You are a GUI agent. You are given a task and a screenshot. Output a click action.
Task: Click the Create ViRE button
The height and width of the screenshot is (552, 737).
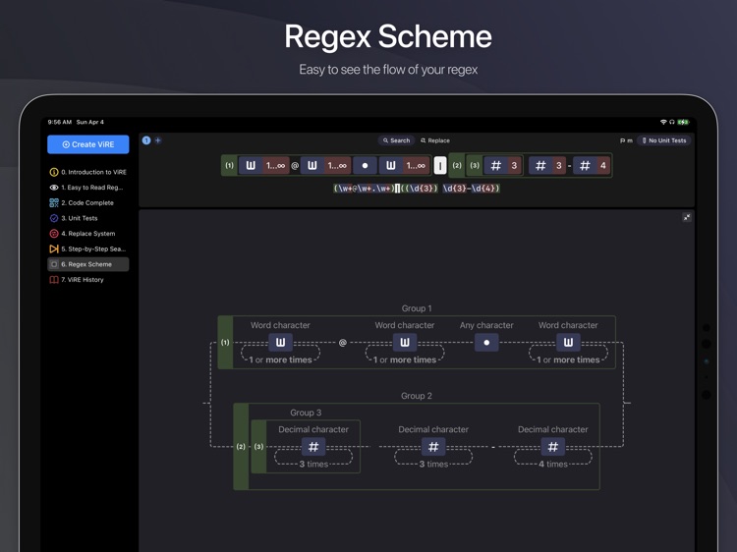tap(88, 144)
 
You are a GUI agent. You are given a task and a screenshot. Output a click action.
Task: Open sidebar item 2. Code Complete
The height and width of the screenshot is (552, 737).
tap(87, 202)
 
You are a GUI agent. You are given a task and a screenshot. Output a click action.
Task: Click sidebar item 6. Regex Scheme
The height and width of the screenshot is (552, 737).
tap(87, 264)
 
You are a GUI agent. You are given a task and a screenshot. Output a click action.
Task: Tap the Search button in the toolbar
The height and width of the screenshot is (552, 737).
tap(397, 140)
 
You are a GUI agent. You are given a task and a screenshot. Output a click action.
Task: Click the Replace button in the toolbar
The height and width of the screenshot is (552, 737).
tap(435, 140)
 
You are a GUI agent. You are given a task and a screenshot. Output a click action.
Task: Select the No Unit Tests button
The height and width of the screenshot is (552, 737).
tap(664, 140)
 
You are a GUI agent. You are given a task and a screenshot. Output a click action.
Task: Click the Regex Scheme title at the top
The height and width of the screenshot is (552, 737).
tap(387, 37)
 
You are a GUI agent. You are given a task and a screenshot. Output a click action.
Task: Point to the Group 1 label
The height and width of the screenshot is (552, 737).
tap(416, 308)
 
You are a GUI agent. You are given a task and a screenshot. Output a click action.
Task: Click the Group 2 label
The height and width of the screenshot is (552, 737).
tap(416, 396)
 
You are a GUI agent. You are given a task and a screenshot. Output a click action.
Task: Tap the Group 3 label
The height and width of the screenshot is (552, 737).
tap(306, 413)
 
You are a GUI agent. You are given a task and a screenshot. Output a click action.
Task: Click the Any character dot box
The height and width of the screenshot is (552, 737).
tap(486, 343)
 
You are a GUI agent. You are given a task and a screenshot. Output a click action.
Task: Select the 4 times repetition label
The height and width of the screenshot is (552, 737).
tap(553, 464)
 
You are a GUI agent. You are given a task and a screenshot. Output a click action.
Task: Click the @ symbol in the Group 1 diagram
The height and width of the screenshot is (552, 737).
tap(342, 343)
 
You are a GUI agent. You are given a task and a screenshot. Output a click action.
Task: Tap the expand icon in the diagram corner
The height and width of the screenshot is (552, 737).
tap(687, 217)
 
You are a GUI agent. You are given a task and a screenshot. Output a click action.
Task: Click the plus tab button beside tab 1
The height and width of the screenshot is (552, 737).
tap(158, 140)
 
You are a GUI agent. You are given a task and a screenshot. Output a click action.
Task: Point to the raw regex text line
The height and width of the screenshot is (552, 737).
tap(417, 189)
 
